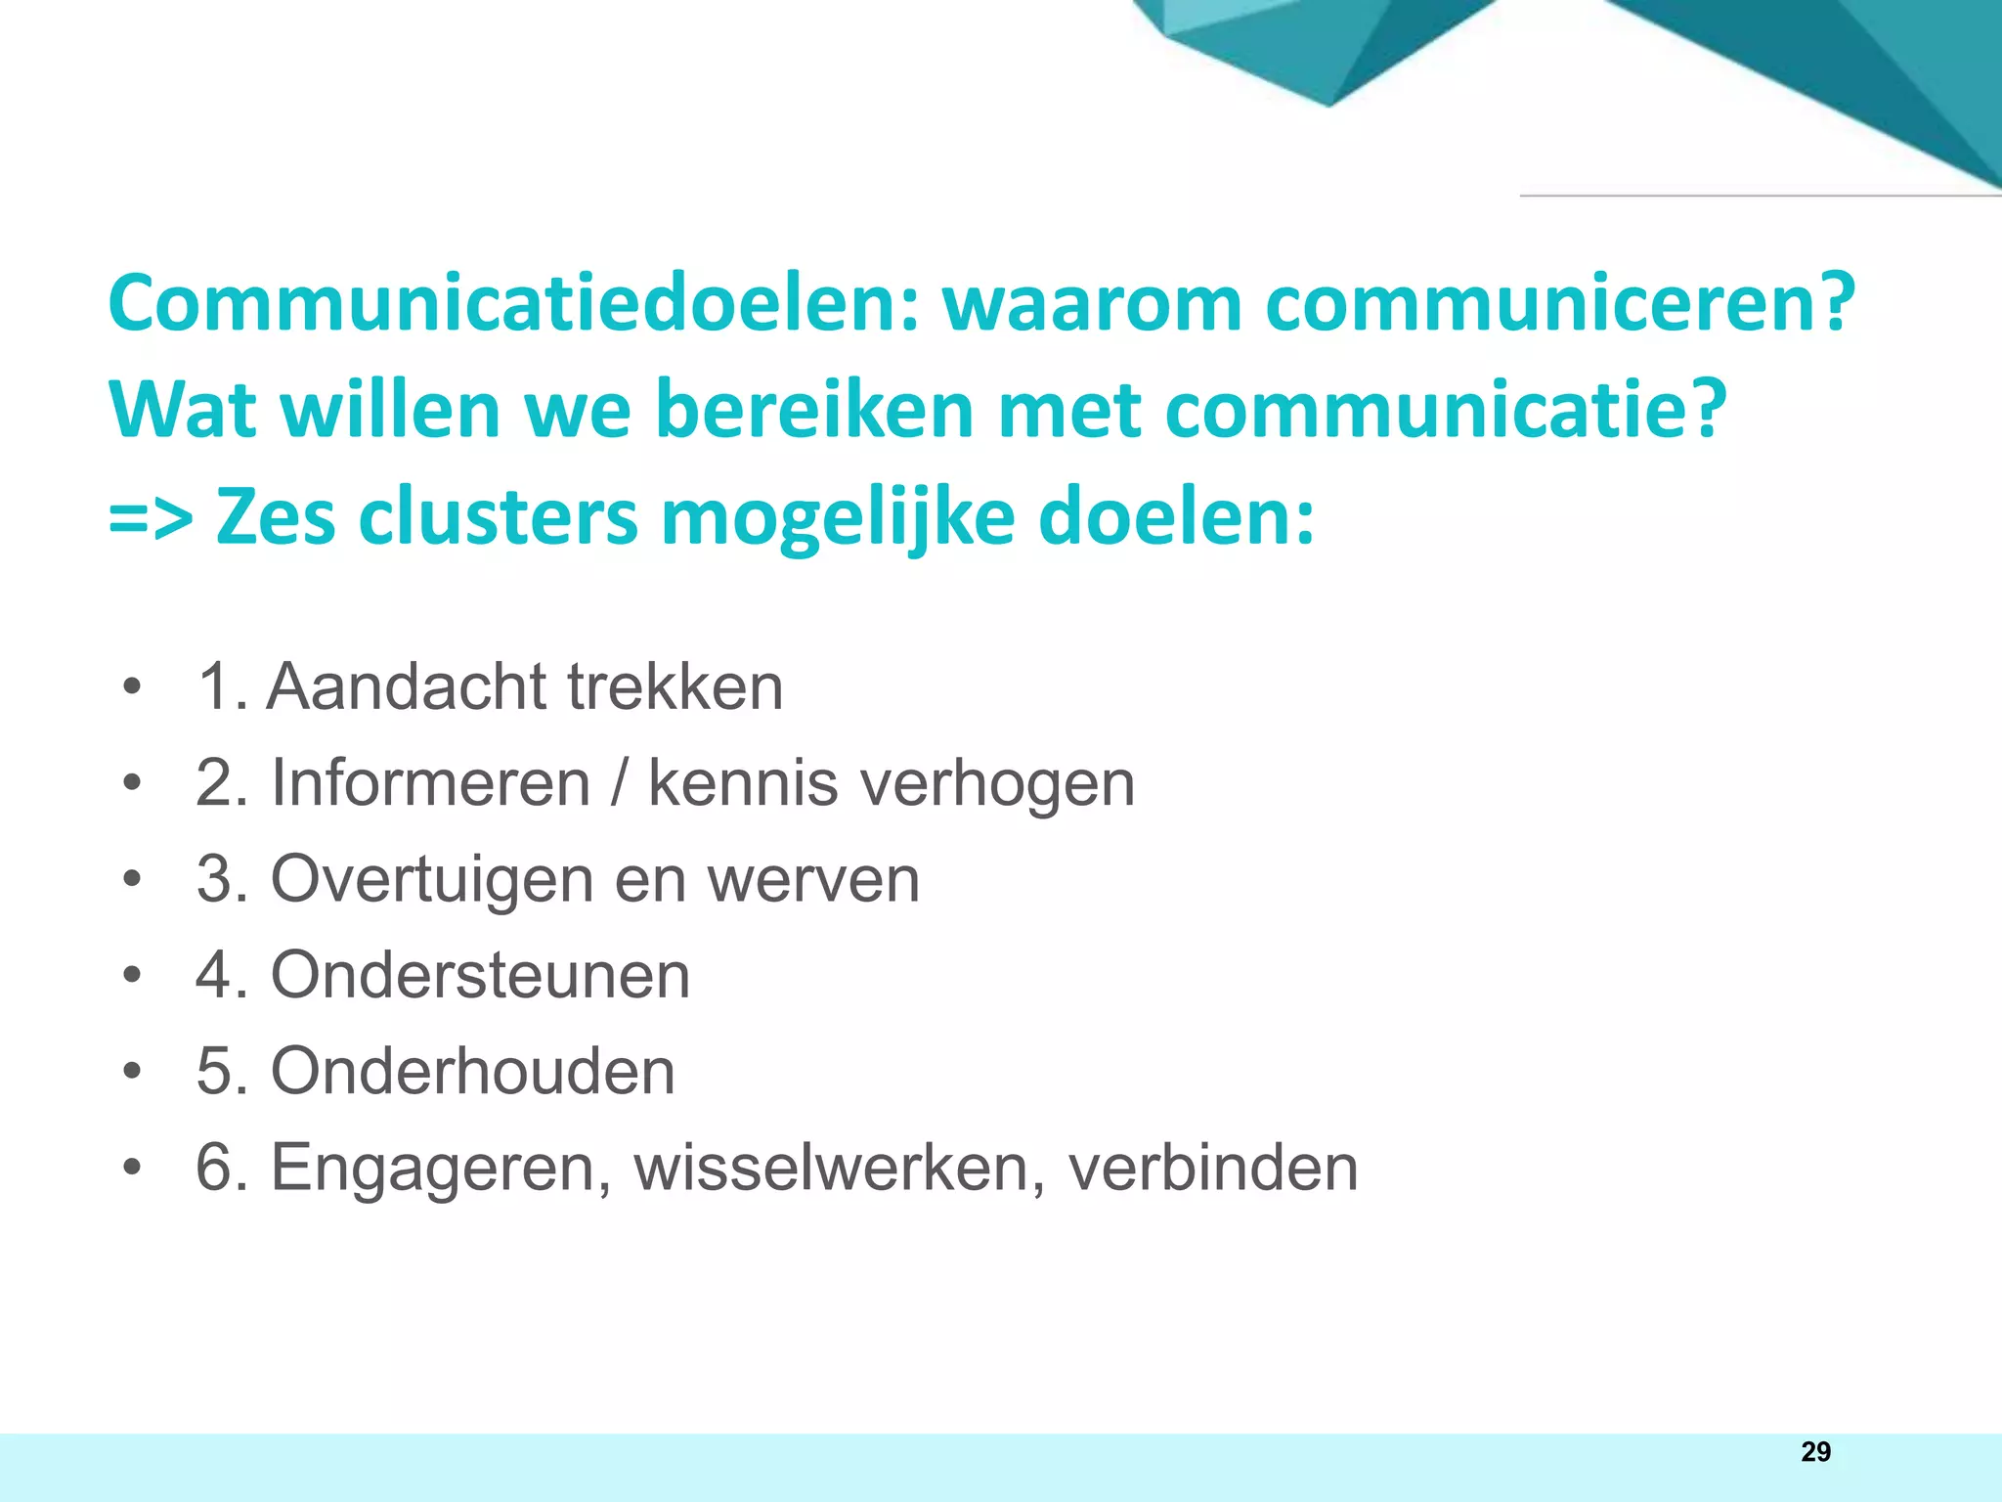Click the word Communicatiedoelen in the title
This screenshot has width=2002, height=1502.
[x=514, y=303]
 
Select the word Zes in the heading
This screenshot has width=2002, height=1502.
[x=276, y=516]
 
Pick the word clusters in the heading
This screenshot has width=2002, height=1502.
[x=499, y=516]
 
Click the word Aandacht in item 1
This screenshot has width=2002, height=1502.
[x=406, y=686]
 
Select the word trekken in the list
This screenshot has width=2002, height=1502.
[x=675, y=686]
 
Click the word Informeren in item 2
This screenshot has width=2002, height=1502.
[x=430, y=783]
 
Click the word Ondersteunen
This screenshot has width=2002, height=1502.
[x=480, y=975]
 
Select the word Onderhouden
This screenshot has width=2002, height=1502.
[x=472, y=1071]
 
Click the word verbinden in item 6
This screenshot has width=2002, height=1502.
[x=1213, y=1167]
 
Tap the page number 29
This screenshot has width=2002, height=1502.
[x=1815, y=1452]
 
